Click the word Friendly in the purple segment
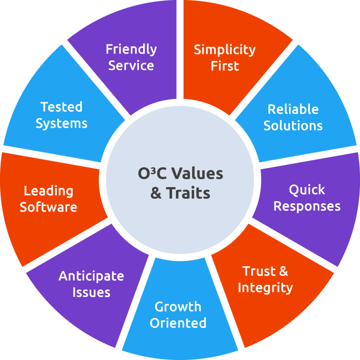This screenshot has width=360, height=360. point(131,49)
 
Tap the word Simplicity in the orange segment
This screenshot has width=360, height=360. point(225,50)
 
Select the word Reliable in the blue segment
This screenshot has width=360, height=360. point(293,109)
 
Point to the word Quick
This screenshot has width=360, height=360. point(307,190)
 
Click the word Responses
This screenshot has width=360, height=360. point(307,206)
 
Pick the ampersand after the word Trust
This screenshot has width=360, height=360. point(283,271)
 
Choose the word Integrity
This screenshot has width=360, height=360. point(265,288)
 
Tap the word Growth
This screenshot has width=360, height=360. point(178,307)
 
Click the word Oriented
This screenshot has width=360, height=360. point(178,323)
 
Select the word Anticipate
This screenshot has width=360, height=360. point(91,276)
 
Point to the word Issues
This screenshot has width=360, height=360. point(91,292)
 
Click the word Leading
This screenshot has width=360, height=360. point(49,191)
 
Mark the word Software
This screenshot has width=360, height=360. point(49,207)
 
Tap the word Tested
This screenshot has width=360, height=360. point(62,107)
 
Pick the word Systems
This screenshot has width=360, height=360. point(62,123)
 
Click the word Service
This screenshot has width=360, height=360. point(131,66)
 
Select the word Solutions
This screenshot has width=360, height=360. point(293,126)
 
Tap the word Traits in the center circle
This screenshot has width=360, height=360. point(188,193)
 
